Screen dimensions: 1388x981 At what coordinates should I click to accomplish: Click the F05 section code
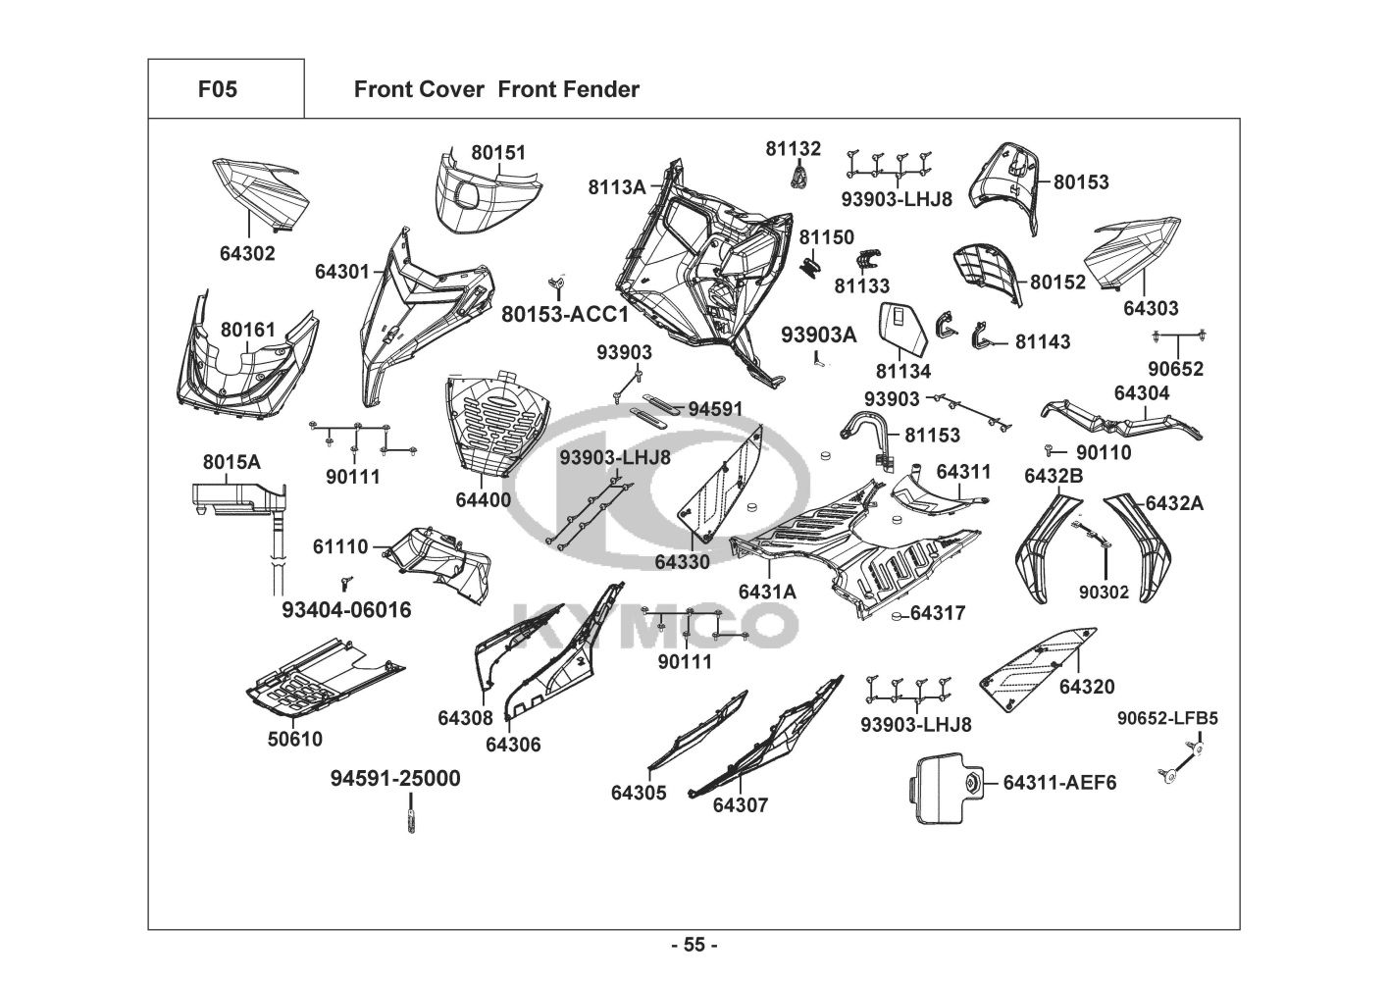tap(218, 89)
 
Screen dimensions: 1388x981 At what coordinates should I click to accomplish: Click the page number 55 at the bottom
tap(694, 945)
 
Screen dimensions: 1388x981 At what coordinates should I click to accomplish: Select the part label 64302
tap(247, 253)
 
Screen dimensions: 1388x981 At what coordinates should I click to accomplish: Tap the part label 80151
tap(498, 152)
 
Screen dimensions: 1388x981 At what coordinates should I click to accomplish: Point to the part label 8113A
tap(617, 186)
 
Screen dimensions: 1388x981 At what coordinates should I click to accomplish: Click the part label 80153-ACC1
tap(565, 315)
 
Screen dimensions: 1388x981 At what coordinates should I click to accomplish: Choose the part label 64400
tap(484, 499)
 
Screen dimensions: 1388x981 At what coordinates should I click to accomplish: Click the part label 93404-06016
tap(346, 610)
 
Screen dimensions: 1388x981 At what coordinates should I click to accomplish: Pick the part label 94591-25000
tap(395, 778)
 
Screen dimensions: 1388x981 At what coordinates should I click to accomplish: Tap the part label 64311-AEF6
tap(1059, 783)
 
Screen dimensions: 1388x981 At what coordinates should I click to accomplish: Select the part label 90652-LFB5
tap(1167, 718)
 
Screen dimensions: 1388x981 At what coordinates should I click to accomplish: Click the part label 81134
tap(902, 371)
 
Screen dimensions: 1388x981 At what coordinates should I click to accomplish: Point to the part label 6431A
tap(767, 592)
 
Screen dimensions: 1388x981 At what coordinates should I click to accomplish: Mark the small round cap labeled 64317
tap(896, 616)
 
